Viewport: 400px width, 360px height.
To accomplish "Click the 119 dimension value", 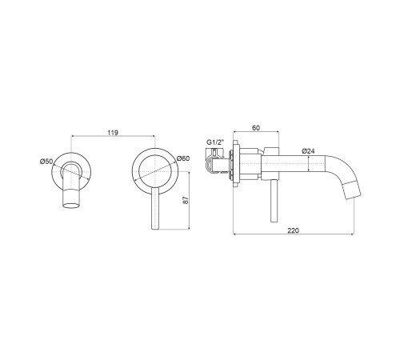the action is pos(113,133).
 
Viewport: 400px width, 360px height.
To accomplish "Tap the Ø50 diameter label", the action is pos(46,162).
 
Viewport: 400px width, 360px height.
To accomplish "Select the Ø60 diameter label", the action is pos(183,158).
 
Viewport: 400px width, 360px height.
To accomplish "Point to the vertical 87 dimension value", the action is pos(186,200).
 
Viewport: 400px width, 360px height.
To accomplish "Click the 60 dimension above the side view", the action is pos(256,128).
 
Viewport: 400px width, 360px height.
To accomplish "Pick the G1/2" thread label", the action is pos(216,142).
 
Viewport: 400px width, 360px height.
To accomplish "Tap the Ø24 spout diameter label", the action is pos(308,151).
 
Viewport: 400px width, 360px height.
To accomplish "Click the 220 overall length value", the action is pos(294,230).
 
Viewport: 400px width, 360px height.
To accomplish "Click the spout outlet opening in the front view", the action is pos(71,206).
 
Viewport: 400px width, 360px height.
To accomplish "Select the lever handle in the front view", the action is pos(155,208).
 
